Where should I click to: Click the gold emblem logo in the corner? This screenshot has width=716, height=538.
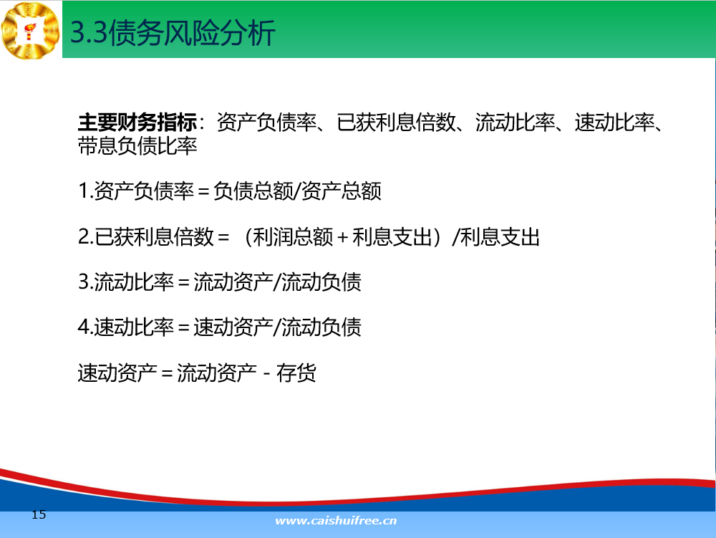tap(31, 30)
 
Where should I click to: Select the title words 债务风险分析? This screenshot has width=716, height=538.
tap(192, 33)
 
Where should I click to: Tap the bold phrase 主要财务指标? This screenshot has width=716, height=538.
tap(137, 122)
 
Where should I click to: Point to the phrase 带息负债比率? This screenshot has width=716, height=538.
tap(137, 145)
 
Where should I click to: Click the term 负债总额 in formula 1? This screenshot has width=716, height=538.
tap(253, 191)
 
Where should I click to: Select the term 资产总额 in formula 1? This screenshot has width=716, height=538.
tap(342, 191)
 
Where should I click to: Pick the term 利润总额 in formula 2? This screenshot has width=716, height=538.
tap(293, 237)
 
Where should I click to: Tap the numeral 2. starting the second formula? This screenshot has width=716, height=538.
tap(85, 237)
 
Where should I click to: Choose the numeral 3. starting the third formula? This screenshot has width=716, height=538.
tap(85, 282)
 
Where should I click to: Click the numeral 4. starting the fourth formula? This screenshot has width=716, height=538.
tap(85, 327)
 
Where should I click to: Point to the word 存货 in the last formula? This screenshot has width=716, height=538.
tap(296, 373)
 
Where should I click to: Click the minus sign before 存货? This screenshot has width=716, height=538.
tap(266, 373)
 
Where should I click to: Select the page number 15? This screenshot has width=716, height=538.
tap(39, 514)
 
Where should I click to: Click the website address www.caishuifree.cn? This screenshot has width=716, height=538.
tap(336, 521)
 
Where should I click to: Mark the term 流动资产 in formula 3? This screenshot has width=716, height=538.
tap(233, 282)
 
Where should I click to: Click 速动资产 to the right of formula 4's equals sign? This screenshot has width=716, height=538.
tap(233, 327)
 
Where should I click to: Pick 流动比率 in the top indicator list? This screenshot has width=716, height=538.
tap(515, 122)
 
